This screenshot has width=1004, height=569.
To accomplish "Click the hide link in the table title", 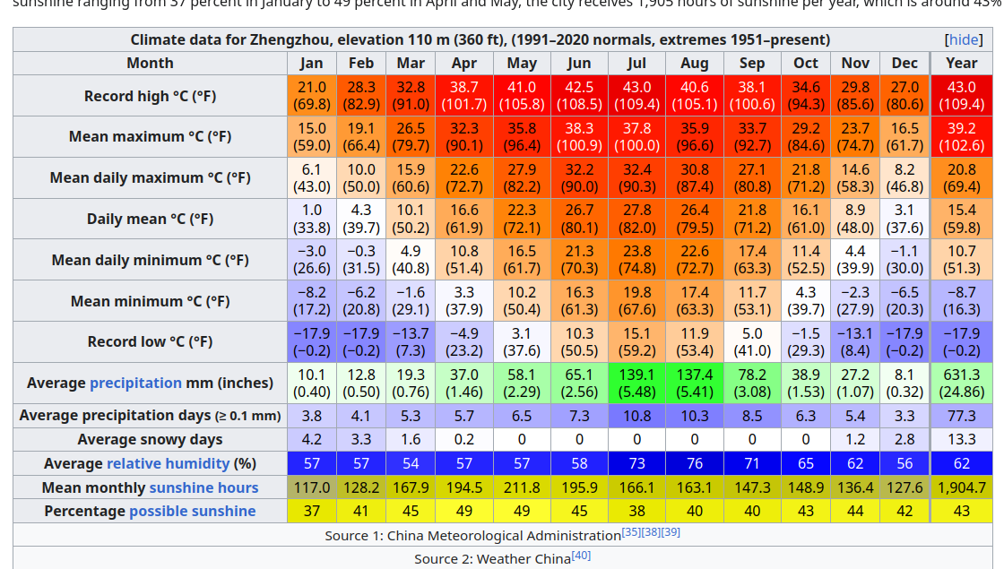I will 964,40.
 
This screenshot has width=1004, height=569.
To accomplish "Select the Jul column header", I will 636,63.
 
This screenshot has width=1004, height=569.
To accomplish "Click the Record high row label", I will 150,96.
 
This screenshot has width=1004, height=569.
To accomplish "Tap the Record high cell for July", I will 636,95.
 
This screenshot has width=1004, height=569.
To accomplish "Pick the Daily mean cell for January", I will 311,219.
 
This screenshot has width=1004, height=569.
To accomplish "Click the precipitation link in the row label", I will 135,383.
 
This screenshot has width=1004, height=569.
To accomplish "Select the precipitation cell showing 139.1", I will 636,383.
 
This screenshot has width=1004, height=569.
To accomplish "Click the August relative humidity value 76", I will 695,463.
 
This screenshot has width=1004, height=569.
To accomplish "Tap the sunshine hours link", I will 203,487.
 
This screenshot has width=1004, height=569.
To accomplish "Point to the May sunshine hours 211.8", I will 522,487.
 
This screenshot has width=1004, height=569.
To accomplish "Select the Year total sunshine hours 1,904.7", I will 961,487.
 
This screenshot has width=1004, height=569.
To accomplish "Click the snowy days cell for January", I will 311,439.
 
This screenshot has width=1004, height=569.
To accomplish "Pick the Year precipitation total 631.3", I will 961,383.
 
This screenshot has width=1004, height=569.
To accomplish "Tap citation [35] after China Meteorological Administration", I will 631,532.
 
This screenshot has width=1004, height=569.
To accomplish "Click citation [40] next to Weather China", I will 581,556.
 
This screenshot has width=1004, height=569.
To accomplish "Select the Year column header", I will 961,63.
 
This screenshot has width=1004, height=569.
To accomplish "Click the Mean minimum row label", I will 150,301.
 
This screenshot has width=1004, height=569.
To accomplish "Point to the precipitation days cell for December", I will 904,416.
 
